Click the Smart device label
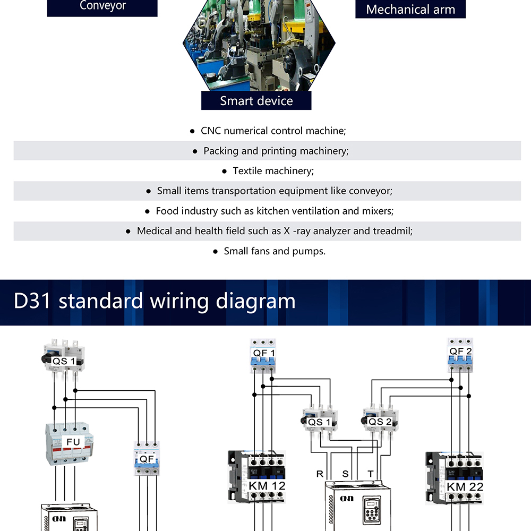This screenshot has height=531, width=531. [x=256, y=101]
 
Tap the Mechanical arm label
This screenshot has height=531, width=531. [x=410, y=10]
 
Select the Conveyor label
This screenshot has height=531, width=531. [x=102, y=6]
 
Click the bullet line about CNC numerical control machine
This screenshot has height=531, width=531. [x=273, y=131]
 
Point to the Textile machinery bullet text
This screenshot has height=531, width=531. [x=273, y=171]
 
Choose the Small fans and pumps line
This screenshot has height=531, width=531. [x=275, y=251]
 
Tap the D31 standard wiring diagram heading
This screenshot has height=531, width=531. [x=155, y=301]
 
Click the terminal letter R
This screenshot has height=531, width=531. [x=319, y=474]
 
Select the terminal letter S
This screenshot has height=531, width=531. [x=345, y=474]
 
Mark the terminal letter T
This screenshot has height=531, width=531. [x=370, y=474]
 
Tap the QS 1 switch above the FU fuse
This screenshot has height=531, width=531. [x=65, y=359]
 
